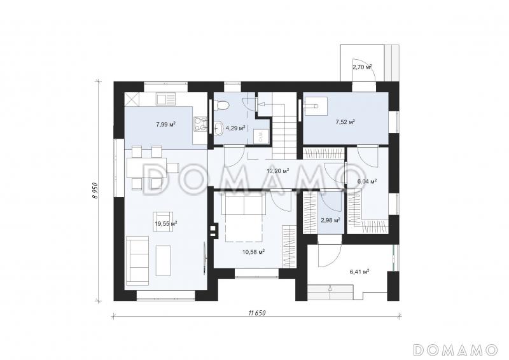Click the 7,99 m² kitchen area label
pyautogui.click(x=166, y=124)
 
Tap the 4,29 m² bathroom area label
pyautogui.click(x=235, y=128)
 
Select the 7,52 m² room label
pyautogui.click(x=345, y=122)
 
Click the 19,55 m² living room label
pyautogui.click(x=166, y=223)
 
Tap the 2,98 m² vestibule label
pyautogui.click(x=330, y=220)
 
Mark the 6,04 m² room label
pyautogui.click(x=367, y=181)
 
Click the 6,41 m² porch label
pyautogui.click(x=359, y=272)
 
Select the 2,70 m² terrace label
pyautogui.click(x=362, y=67)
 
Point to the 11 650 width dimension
pyautogui.click(x=257, y=313)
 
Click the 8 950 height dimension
pyautogui.click(x=95, y=190)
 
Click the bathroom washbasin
pyautogui.click(x=219, y=128)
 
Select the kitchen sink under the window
pyautogui.click(x=165, y=99)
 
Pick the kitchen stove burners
pyautogui.click(x=200, y=124)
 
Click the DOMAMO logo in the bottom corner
pyautogui.click(x=456, y=349)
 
